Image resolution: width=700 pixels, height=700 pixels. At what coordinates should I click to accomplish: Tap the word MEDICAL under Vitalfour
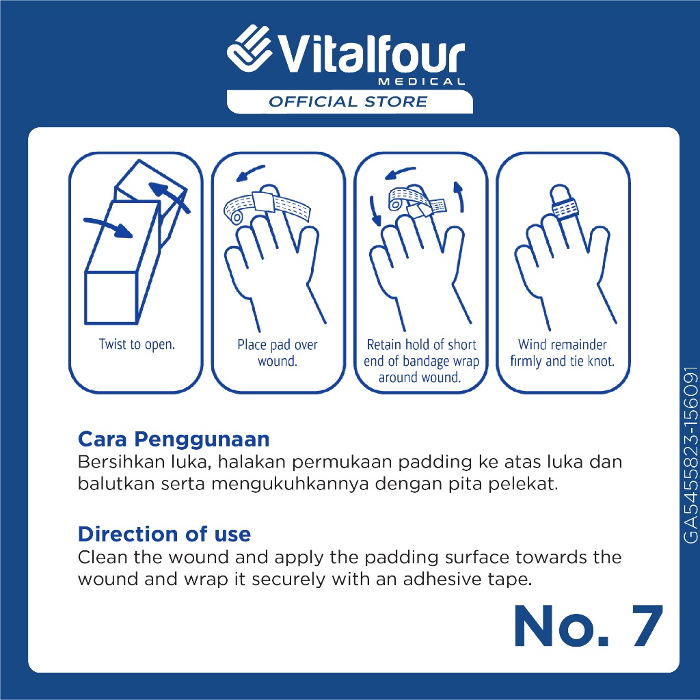(421, 82)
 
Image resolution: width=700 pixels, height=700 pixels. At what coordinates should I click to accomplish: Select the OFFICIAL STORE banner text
(348, 102)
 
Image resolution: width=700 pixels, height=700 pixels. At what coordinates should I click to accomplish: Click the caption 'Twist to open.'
(137, 345)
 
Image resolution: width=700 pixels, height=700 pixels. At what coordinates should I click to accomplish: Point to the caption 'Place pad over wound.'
(278, 353)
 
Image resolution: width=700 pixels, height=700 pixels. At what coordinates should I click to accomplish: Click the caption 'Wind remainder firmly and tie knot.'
(563, 353)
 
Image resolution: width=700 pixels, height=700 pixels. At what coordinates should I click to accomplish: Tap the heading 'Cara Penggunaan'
(174, 440)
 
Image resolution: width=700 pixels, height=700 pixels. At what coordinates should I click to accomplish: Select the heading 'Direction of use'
(164, 534)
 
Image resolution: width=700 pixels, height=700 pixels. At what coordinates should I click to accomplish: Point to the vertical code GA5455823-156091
(690, 455)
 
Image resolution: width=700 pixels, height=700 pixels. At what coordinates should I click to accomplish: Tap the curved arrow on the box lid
(169, 196)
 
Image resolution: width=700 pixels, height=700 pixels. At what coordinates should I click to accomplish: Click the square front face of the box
(111, 297)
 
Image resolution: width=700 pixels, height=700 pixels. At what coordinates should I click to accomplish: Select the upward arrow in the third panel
(459, 196)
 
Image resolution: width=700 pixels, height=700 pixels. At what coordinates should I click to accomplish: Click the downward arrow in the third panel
(375, 211)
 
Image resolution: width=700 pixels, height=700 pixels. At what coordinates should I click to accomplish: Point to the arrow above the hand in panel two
(250, 173)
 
